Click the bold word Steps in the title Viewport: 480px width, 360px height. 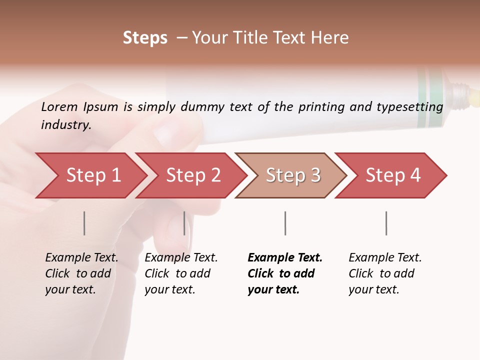click(145, 38)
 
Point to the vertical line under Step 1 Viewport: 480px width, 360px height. click(84, 223)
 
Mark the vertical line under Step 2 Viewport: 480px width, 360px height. click(184, 223)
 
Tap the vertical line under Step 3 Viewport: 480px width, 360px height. click(285, 223)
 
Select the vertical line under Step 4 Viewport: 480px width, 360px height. click(386, 223)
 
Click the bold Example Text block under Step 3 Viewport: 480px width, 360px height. click(284, 273)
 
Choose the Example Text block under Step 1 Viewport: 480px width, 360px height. click(81, 273)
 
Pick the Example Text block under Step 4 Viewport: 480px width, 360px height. click(385, 273)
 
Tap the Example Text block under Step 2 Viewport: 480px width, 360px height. click(181, 273)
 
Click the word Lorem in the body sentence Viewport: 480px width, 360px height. click(59, 106)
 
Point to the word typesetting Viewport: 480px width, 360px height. click(413, 107)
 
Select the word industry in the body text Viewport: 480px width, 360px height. click(65, 124)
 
